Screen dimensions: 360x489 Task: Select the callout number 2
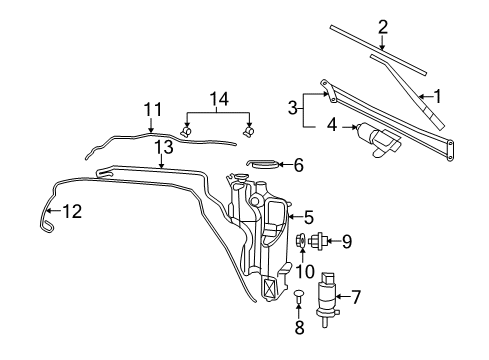click(x=382, y=27)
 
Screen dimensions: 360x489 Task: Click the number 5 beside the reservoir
click(x=309, y=215)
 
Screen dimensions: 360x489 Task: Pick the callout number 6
click(x=297, y=165)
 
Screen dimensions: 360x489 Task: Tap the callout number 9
click(x=347, y=240)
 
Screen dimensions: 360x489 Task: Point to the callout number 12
click(x=70, y=212)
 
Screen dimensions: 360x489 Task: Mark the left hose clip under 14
click(x=186, y=132)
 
